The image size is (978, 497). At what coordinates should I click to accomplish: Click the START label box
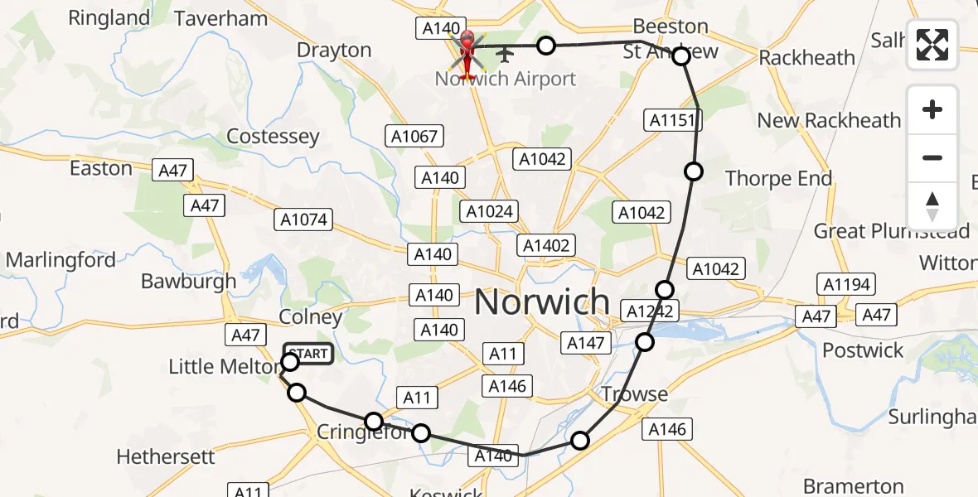pos(309,354)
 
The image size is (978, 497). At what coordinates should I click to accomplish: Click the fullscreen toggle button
pos(932,45)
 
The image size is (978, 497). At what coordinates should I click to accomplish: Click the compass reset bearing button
pos(932,206)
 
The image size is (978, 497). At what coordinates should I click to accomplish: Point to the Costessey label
pos(273,137)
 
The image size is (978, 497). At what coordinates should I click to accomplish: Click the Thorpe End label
pos(778,178)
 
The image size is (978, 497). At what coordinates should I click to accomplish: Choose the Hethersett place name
pos(166,456)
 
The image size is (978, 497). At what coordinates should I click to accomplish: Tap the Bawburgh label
pos(188,281)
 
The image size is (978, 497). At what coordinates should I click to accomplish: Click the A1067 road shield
pos(415,136)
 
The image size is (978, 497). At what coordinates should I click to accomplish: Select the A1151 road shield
pos(673,121)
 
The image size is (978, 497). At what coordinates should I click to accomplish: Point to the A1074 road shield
pos(303,220)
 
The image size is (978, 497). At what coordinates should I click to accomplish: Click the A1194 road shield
pos(847,285)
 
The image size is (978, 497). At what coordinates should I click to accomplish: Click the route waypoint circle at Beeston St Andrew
pos(680,56)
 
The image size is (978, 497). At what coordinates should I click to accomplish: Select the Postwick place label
pos(863,350)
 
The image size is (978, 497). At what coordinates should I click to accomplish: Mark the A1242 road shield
pos(651,311)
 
